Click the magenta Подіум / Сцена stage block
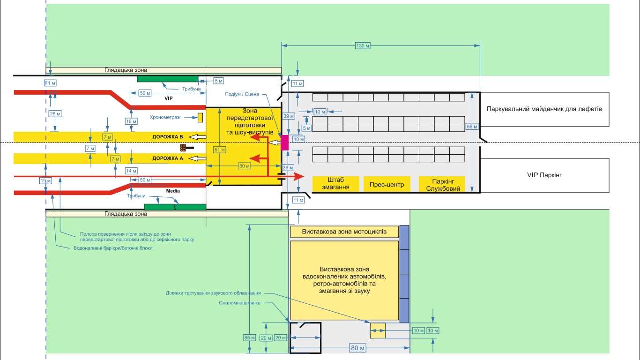(284, 142)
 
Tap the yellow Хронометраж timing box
(200, 117)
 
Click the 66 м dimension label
(472, 126)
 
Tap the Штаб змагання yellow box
(335, 184)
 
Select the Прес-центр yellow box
(387, 184)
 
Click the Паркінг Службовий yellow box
(441, 184)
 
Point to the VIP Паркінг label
(544, 175)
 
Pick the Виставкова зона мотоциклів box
(344, 232)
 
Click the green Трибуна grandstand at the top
(167, 78)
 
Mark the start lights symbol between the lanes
(186, 148)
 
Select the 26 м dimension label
(55, 114)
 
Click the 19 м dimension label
(45, 181)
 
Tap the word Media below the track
(173, 191)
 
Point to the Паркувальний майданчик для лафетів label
(544, 109)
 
